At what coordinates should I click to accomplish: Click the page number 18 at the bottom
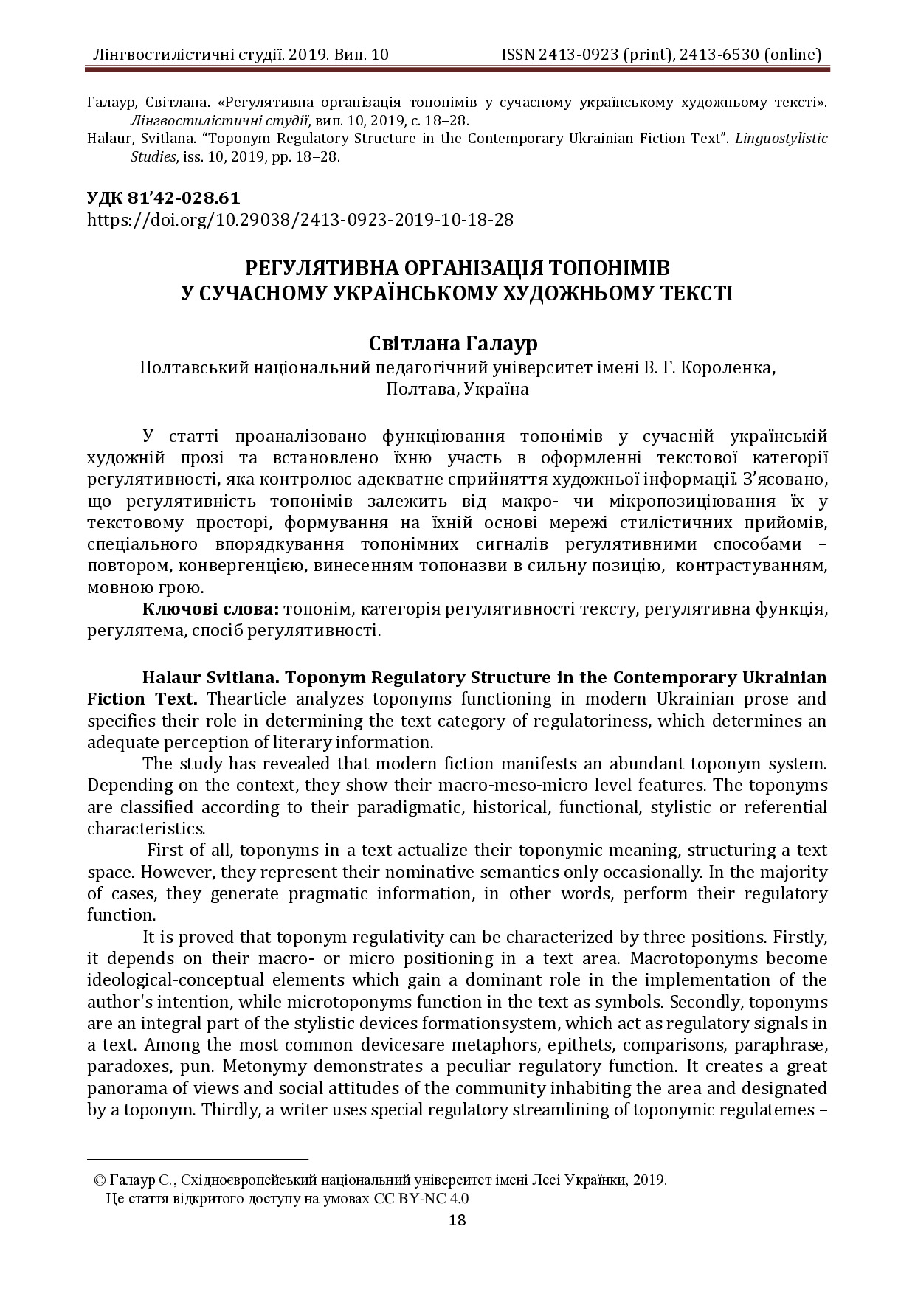tap(457, 1219)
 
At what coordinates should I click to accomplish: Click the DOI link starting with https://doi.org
tap(300, 220)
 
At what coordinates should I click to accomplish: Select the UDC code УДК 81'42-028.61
tap(163, 198)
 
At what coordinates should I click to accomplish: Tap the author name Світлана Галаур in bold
tap(453, 344)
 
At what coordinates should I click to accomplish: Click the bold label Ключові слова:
tap(210, 609)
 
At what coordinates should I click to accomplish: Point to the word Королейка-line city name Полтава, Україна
tap(457, 389)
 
